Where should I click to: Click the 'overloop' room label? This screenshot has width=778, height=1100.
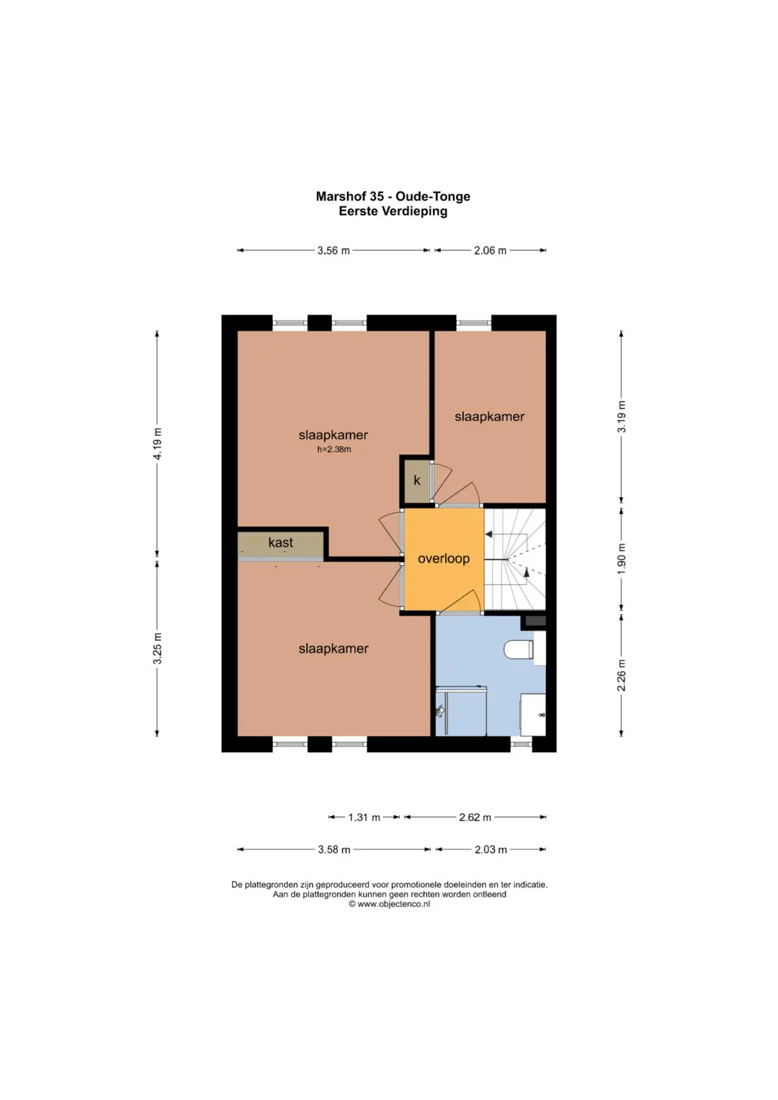444,559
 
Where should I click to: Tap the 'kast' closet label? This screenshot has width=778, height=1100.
280,542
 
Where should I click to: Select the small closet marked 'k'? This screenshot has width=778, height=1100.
416,480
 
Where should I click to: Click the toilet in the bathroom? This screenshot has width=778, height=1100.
519,649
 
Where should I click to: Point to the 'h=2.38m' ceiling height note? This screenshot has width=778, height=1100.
334,450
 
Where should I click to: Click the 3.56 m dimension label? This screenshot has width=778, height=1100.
334,251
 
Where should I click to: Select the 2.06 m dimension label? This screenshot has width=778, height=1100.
490,251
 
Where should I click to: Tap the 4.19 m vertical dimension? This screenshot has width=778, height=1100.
157,444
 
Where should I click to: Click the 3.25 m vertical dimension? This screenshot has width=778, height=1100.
157,648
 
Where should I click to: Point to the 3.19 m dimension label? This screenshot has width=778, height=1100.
622,416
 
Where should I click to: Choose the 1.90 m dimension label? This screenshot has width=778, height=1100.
622,558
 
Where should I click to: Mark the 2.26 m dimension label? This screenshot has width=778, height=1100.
622,675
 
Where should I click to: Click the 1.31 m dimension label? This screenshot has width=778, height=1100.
364,818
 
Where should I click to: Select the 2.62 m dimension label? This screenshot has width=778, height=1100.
475,818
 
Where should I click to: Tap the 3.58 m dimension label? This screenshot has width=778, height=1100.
334,849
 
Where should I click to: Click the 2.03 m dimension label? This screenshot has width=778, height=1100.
491,849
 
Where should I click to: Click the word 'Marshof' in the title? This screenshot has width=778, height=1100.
339,197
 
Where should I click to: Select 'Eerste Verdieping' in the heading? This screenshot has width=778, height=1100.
393,211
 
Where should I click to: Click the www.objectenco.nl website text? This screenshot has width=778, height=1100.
393,904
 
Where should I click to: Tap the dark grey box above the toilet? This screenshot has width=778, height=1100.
535,621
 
